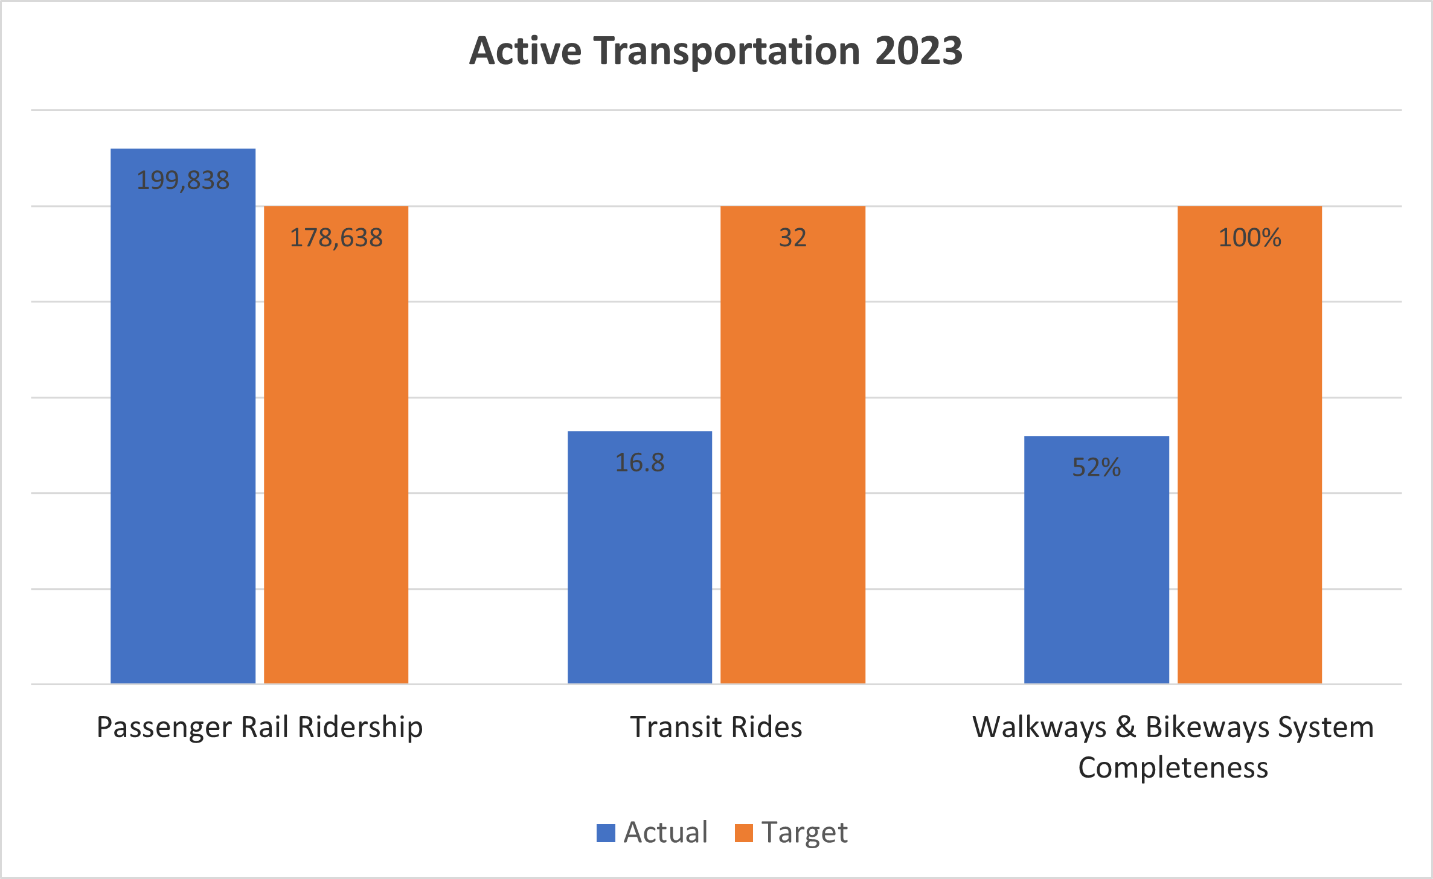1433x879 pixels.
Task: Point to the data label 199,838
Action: [x=183, y=181]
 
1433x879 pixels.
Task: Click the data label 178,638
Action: [x=336, y=238]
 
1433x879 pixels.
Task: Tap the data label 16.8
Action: [x=640, y=463]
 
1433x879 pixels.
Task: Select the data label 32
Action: [x=793, y=238]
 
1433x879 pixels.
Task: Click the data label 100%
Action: [x=1249, y=238]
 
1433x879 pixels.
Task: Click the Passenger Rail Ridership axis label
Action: [x=260, y=727]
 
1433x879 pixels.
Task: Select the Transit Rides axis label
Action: [x=716, y=727]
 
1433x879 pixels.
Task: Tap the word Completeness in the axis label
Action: [x=1173, y=768]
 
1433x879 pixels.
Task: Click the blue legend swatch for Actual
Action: [x=606, y=833]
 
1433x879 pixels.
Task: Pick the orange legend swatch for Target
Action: [x=744, y=833]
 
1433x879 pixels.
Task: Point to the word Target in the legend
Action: [x=804, y=833]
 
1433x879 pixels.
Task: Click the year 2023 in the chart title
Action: [x=918, y=51]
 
